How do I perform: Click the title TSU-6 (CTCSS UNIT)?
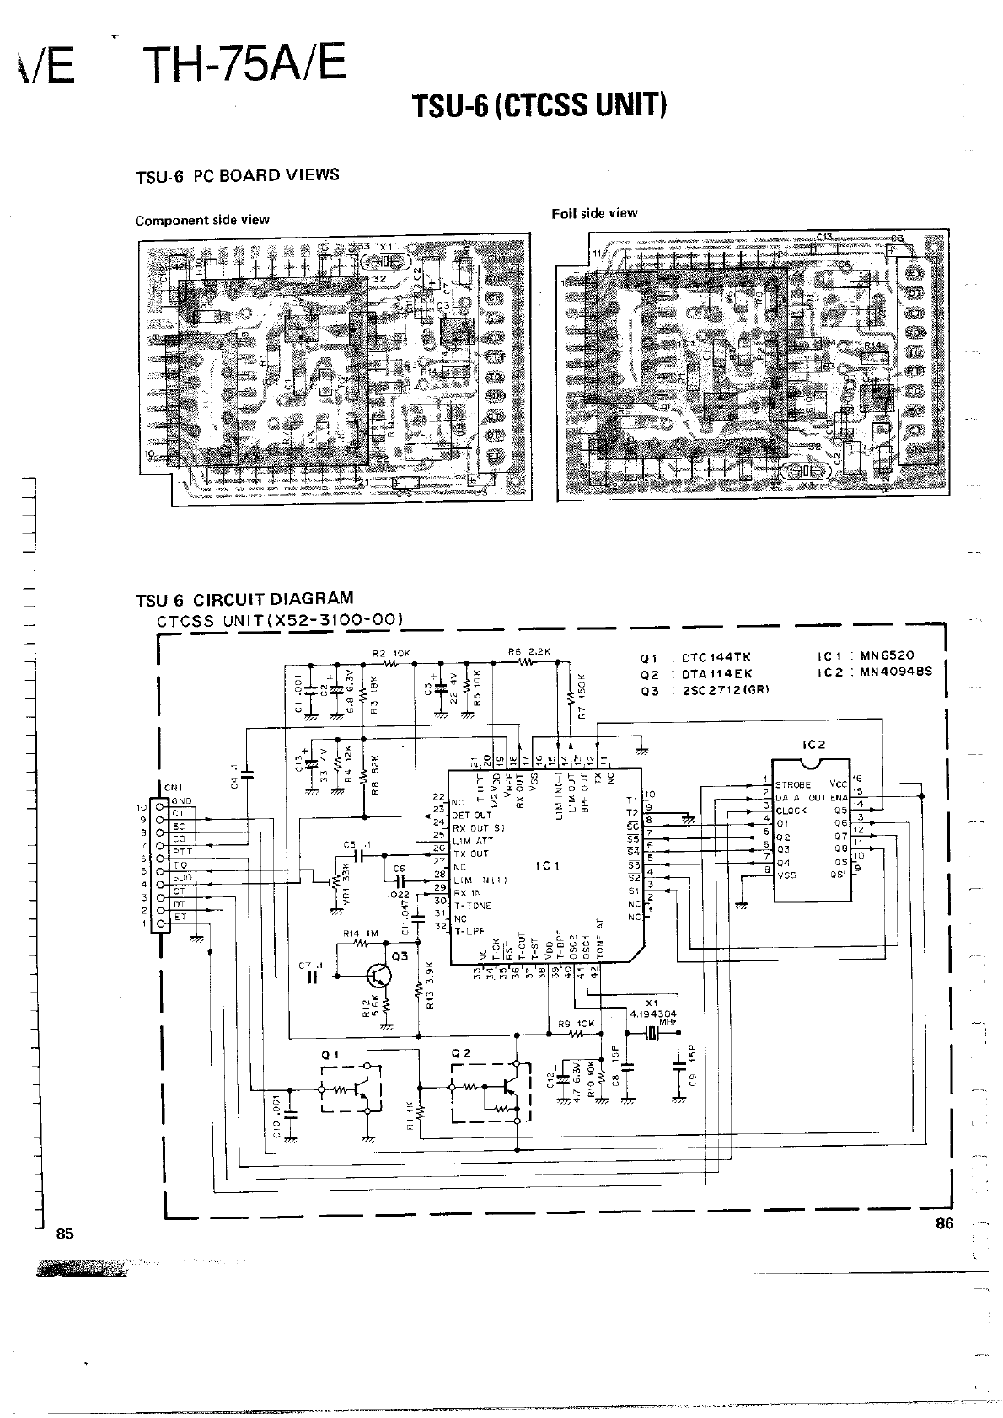[x=539, y=106]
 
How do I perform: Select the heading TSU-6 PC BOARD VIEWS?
[x=238, y=175]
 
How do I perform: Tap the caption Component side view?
[x=202, y=220]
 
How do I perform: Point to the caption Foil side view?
[x=594, y=213]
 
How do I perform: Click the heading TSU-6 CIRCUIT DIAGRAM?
[x=244, y=599]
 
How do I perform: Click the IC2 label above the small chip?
[x=815, y=745]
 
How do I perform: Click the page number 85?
[x=65, y=1233]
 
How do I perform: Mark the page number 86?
[x=944, y=1224]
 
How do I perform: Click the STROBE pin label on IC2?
[x=792, y=784]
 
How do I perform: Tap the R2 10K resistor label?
[x=391, y=653]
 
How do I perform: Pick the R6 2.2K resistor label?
[x=529, y=652]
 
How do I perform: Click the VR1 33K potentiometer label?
[x=345, y=884]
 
